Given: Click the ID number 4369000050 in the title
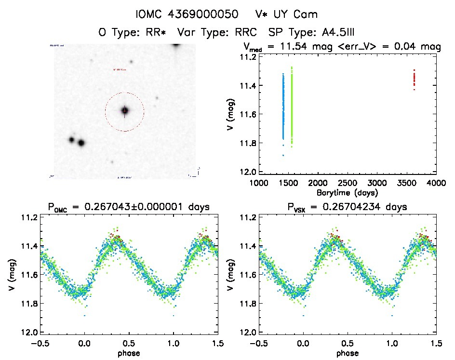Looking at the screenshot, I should pos(208,14).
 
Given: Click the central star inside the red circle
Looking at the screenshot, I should pos(125,111).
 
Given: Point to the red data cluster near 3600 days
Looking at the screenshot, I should pos(414,80).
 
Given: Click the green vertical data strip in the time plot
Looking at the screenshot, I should pos(292,106).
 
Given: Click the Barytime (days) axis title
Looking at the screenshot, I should pos(348,193).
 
